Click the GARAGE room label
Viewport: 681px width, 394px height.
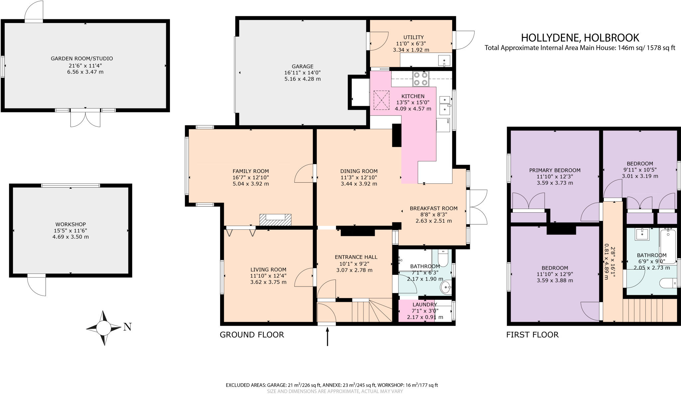coord(303,67)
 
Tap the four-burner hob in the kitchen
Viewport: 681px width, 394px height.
coord(420,79)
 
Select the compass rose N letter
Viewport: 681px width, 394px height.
coord(127,327)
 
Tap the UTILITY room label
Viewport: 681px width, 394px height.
coord(413,37)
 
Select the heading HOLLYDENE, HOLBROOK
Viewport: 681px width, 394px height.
coord(580,37)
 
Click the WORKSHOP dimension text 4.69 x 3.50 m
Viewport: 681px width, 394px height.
coord(70,237)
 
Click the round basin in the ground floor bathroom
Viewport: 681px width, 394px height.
coord(446,287)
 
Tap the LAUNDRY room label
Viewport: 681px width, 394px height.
coord(424,304)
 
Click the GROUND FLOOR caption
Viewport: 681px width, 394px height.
coord(252,335)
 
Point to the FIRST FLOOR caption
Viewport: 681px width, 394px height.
coord(532,335)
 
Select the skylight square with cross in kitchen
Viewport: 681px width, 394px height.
coord(381,100)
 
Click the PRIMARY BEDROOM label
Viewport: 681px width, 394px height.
coord(555,170)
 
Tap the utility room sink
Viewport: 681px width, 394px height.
coord(444,61)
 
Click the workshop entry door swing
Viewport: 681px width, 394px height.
coord(37,286)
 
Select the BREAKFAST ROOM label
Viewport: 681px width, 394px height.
coord(433,208)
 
